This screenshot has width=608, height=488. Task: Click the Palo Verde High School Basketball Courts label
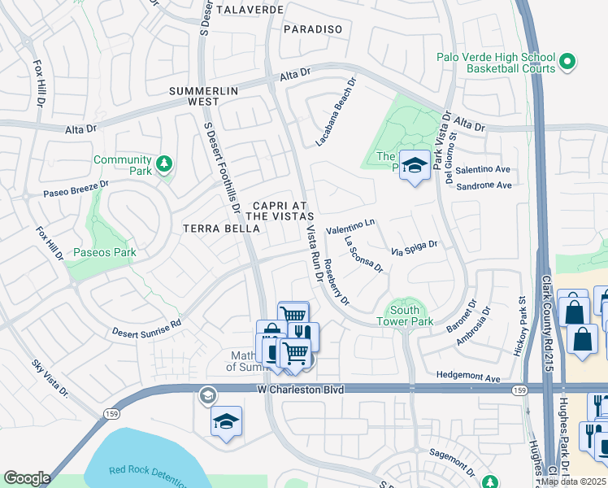(x=496, y=63)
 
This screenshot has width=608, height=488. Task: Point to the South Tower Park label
(x=404, y=315)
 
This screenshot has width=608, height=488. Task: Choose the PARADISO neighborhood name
(x=313, y=28)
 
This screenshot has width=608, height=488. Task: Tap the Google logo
(x=27, y=478)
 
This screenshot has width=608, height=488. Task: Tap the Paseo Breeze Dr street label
(x=65, y=190)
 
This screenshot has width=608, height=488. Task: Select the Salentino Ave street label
(x=483, y=169)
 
